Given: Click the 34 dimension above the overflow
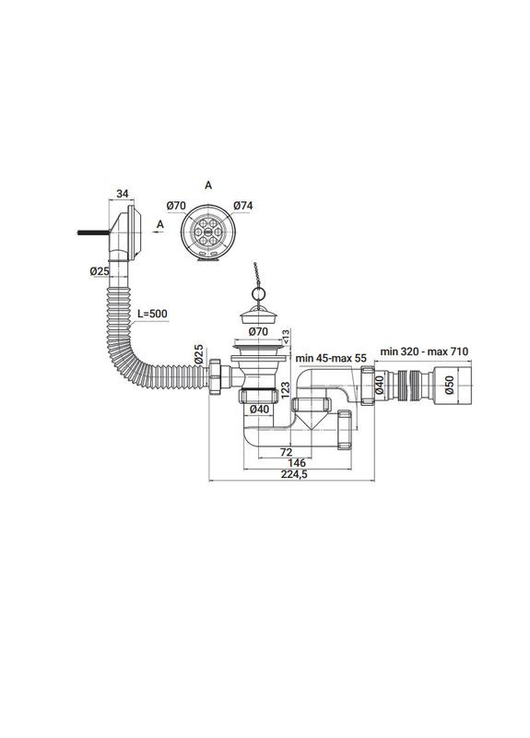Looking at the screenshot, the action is pyautogui.click(x=123, y=194).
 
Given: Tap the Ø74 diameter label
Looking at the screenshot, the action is pyautogui.click(x=243, y=205).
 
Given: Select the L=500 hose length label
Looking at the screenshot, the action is pyautogui.click(x=152, y=314).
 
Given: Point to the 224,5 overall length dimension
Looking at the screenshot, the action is pyautogui.click(x=294, y=474).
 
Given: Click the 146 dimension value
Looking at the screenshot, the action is pyautogui.click(x=297, y=463).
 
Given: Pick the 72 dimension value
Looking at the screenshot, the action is pyautogui.click(x=286, y=452).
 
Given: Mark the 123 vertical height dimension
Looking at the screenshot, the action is pyautogui.click(x=287, y=390).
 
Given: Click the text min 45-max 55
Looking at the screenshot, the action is pyautogui.click(x=331, y=358).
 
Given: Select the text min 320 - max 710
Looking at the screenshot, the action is pyautogui.click(x=424, y=351).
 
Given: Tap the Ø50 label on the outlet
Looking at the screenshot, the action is pyautogui.click(x=448, y=385).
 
